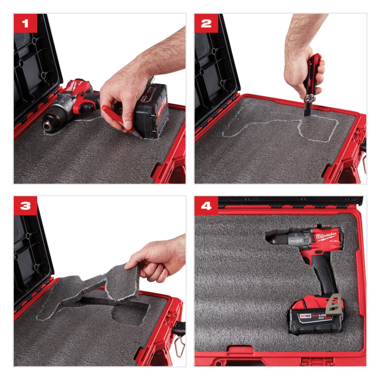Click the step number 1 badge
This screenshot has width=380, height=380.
click(x=25, y=23)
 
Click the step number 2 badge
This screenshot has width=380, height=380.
click(x=206, y=23)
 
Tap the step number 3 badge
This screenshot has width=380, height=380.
click(x=25, y=205)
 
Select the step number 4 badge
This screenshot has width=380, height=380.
click(x=206, y=205)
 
